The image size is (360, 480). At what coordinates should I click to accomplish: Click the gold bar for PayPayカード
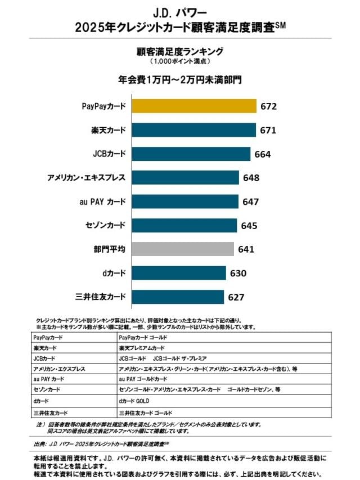click(x=193, y=106)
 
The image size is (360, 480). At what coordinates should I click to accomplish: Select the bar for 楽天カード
click(x=193, y=130)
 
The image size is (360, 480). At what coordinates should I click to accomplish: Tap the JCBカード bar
click(x=191, y=154)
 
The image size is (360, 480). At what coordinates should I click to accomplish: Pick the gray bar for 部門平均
click(x=183, y=249)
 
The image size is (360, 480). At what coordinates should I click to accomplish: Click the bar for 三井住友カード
click(x=178, y=297)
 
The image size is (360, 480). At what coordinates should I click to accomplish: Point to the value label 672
click(x=268, y=106)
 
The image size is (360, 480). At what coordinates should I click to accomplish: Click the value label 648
click(x=251, y=178)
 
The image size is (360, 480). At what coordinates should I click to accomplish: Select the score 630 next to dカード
click(x=238, y=273)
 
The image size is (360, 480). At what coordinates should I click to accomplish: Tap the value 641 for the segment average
click(x=246, y=249)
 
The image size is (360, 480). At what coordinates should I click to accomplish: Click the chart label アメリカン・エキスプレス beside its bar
click(x=87, y=178)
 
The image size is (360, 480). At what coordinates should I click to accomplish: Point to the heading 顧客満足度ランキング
click(x=180, y=51)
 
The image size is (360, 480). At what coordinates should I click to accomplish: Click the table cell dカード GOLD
click(x=134, y=401)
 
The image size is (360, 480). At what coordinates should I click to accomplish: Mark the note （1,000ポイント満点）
click(x=180, y=61)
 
